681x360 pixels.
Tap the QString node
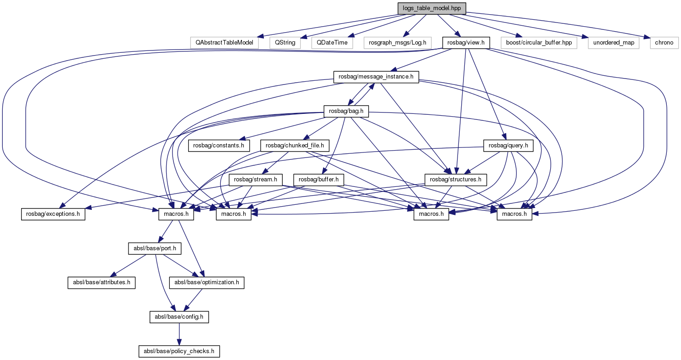click(285, 43)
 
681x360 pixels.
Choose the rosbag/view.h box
click(466, 43)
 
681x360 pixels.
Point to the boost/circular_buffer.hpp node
click(538, 43)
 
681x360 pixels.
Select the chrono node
click(664, 43)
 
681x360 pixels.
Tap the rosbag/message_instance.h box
click(376, 77)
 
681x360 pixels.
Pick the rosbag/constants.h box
click(219, 146)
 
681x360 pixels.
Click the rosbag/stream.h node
click(256, 180)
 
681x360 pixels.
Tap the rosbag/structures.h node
click(456, 180)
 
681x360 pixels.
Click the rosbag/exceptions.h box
click(53, 214)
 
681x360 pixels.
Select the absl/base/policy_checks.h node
click(179, 351)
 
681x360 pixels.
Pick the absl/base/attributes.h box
click(101, 282)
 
